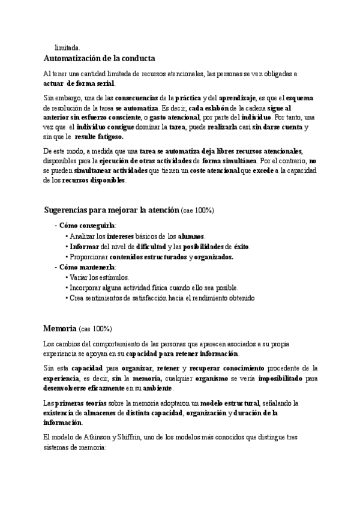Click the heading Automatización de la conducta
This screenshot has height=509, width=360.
pyautogui.click(x=100, y=58)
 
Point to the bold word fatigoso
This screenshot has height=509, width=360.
pyautogui.click(x=107, y=136)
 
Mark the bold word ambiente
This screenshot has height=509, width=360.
pyautogui.click(x=157, y=388)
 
